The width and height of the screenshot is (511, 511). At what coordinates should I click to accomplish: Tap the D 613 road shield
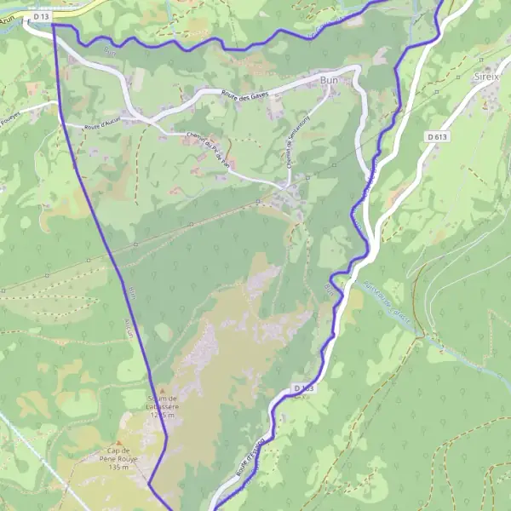(x=438, y=136)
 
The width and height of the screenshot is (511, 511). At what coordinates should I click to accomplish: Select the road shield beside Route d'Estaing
(x=303, y=388)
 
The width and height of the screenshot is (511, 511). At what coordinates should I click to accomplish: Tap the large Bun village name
(x=330, y=78)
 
